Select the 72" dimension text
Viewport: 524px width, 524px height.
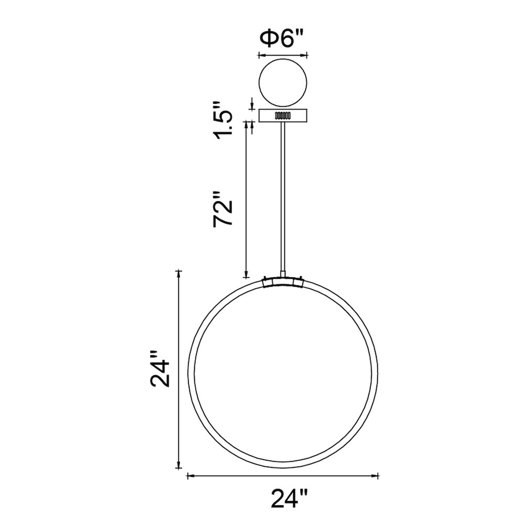click(223, 209)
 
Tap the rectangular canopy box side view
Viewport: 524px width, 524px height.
click(283, 115)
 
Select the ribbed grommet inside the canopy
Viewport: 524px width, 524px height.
click(283, 116)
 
